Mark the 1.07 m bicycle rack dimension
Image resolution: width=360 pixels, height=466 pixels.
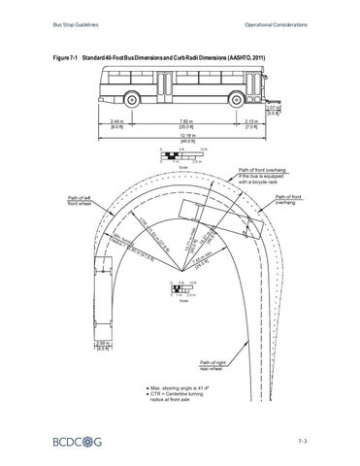pyautogui.click(x=273, y=108)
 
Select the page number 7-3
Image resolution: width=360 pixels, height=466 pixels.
pyautogui.click(x=302, y=442)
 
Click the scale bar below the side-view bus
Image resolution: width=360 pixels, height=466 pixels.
pyautogui.click(x=183, y=153)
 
